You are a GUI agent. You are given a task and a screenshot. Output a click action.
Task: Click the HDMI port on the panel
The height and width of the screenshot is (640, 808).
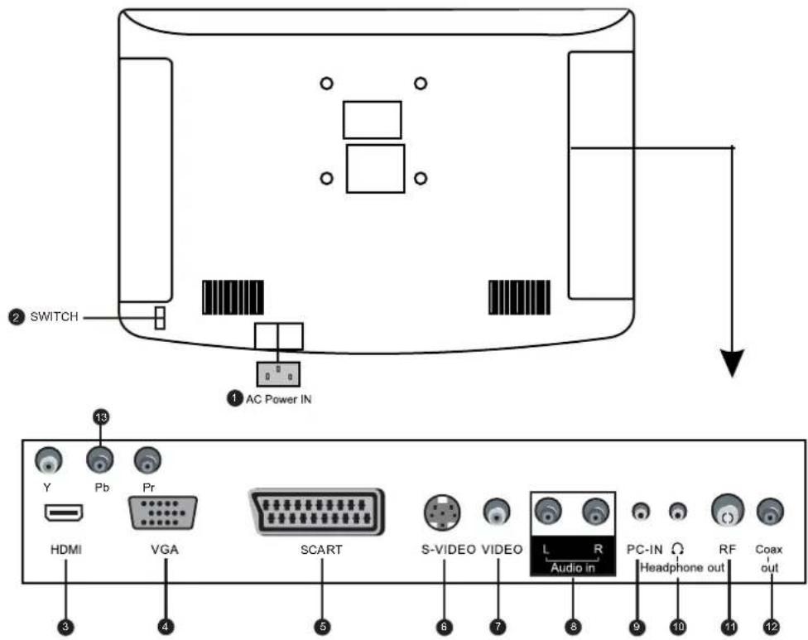tap(65, 512)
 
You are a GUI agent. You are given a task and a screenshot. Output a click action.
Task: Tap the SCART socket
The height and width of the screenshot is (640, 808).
tap(317, 512)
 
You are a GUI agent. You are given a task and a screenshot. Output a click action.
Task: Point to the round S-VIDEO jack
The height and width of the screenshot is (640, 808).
tap(442, 512)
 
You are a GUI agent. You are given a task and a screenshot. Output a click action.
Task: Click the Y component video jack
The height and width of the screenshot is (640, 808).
tap(48, 460)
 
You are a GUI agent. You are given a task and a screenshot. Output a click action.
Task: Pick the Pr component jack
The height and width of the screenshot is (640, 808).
tap(147, 460)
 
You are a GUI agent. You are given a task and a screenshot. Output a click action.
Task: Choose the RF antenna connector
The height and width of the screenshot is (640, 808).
tap(727, 511)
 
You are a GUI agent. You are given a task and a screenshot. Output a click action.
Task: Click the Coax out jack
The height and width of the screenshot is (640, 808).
tap(770, 511)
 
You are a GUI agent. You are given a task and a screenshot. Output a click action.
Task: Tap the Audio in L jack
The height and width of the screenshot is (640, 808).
tap(549, 511)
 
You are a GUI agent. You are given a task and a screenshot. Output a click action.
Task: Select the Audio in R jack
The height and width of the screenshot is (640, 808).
tap(596, 511)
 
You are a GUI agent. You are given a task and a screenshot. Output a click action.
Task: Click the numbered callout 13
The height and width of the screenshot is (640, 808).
tap(101, 416)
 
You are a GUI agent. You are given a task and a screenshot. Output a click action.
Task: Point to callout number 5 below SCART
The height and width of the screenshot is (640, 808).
tap(322, 627)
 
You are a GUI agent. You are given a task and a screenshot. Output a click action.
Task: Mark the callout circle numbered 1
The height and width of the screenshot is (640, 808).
tap(235, 398)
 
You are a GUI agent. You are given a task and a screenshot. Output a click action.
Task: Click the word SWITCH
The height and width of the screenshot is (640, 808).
tap(54, 316)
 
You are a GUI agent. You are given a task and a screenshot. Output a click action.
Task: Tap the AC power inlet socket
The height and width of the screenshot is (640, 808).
tap(278, 374)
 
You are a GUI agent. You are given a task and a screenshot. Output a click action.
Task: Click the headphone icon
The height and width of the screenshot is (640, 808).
tap(678, 548)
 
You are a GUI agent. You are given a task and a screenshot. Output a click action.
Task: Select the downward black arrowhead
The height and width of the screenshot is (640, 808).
tap(732, 363)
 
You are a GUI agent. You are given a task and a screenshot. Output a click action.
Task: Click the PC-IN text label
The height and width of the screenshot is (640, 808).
tap(645, 549)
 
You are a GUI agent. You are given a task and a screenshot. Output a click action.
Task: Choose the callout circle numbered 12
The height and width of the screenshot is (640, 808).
tap(771, 627)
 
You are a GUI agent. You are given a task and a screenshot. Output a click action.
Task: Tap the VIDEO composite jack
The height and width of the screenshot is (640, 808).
tap(497, 511)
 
